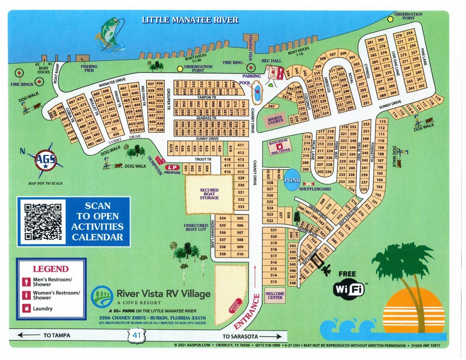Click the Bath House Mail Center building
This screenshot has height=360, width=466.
point(279,147)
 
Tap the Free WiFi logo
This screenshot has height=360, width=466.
point(349,287)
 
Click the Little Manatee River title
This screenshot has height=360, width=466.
point(190,20)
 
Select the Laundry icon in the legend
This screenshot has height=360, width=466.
point(26,309)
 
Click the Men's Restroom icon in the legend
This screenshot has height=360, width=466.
point(26,282)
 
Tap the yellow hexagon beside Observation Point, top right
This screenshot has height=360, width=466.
point(390,18)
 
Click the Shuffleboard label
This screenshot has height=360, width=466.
point(315,189)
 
